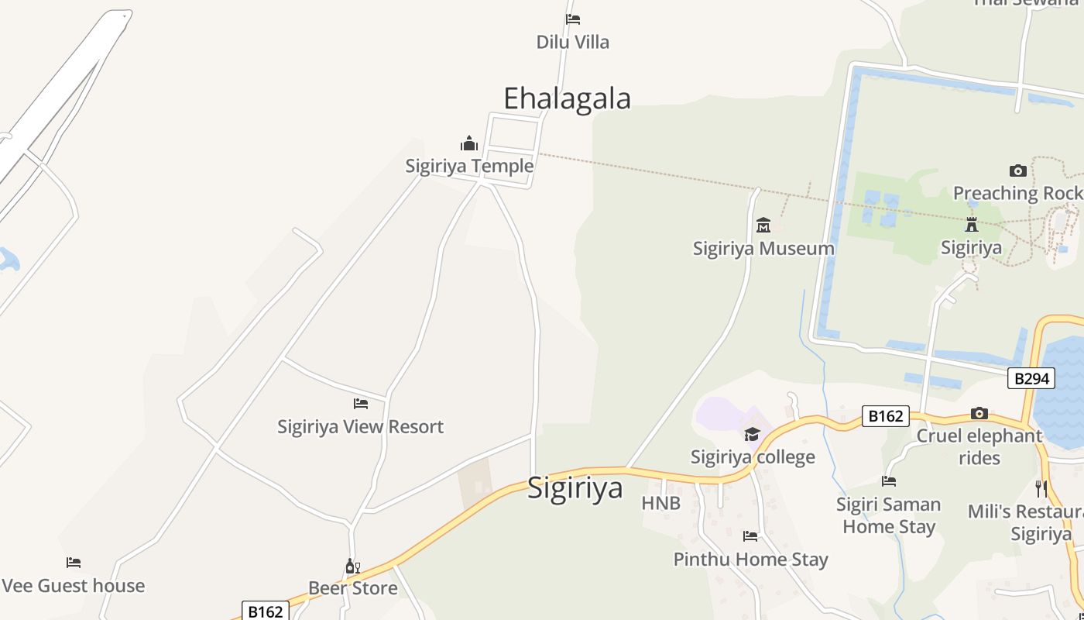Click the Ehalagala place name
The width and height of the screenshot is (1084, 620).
[x=567, y=98]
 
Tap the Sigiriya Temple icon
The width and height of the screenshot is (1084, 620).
[x=469, y=144]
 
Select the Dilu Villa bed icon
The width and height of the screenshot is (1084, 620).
[x=573, y=19]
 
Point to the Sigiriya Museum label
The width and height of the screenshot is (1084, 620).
[x=763, y=249]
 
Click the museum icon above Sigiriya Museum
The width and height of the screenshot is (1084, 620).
[x=763, y=226]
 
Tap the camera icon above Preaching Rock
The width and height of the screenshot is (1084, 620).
[x=1018, y=170]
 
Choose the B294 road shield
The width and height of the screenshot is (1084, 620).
[x=1031, y=378]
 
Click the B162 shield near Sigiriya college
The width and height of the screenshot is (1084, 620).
[x=885, y=416]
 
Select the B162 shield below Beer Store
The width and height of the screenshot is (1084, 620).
[x=265, y=611]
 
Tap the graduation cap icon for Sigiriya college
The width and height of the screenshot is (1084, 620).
[x=752, y=434]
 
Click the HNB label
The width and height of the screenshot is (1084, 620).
[x=660, y=504]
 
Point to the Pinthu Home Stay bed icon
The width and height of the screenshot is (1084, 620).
[x=750, y=536]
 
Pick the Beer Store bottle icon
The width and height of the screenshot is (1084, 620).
[x=352, y=567]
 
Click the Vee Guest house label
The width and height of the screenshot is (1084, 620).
[x=74, y=586]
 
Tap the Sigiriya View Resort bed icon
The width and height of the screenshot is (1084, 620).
[x=361, y=404]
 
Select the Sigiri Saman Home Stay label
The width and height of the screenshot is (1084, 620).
[x=889, y=515]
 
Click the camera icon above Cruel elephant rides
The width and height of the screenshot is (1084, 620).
[x=979, y=413]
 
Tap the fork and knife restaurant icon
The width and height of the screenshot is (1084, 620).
[x=1041, y=488]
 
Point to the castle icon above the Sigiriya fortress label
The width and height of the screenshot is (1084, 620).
[x=971, y=226]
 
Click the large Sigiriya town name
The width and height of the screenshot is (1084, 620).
[x=575, y=488]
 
